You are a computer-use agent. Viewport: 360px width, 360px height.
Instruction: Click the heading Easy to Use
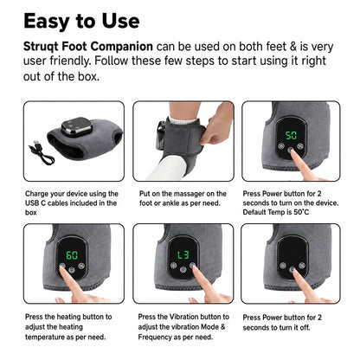pyautogui.click(x=81, y=21)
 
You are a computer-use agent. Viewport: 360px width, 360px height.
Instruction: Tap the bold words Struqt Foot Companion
pyautogui.click(x=88, y=47)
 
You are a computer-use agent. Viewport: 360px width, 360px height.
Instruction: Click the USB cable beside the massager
pyautogui.click(x=42, y=152)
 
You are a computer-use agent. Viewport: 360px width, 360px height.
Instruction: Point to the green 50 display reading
pyautogui.click(x=291, y=135)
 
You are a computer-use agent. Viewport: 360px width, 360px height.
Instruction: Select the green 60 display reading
pyautogui.click(x=72, y=255)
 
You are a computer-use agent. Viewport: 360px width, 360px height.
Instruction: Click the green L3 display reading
pyautogui.click(x=183, y=254)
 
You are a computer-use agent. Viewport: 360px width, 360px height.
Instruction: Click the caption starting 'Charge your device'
pyautogui.click(x=72, y=202)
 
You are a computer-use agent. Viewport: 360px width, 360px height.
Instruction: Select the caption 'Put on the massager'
pyautogui.click(x=183, y=198)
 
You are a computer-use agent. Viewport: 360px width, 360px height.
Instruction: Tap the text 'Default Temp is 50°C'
pyautogui.click(x=276, y=212)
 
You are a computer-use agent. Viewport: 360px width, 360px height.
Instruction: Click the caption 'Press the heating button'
pyautogui.click(x=68, y=326)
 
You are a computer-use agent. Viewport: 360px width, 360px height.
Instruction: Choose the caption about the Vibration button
pyautogui.click(x=183, y=326)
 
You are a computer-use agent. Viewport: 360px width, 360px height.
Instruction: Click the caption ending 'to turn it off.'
pyautogui.click(x=282, y=322)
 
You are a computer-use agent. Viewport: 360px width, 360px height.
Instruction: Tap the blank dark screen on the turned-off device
pyautogui.click(x=292, y=253)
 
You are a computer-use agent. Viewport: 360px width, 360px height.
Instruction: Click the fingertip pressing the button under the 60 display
pyautogui.click(x=62, y=267)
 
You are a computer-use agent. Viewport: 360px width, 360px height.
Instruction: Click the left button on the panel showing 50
pyautogui.click(x=281, y=146)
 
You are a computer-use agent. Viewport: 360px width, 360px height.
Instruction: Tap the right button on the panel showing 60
pyautogui.click(x=81, y=266)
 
